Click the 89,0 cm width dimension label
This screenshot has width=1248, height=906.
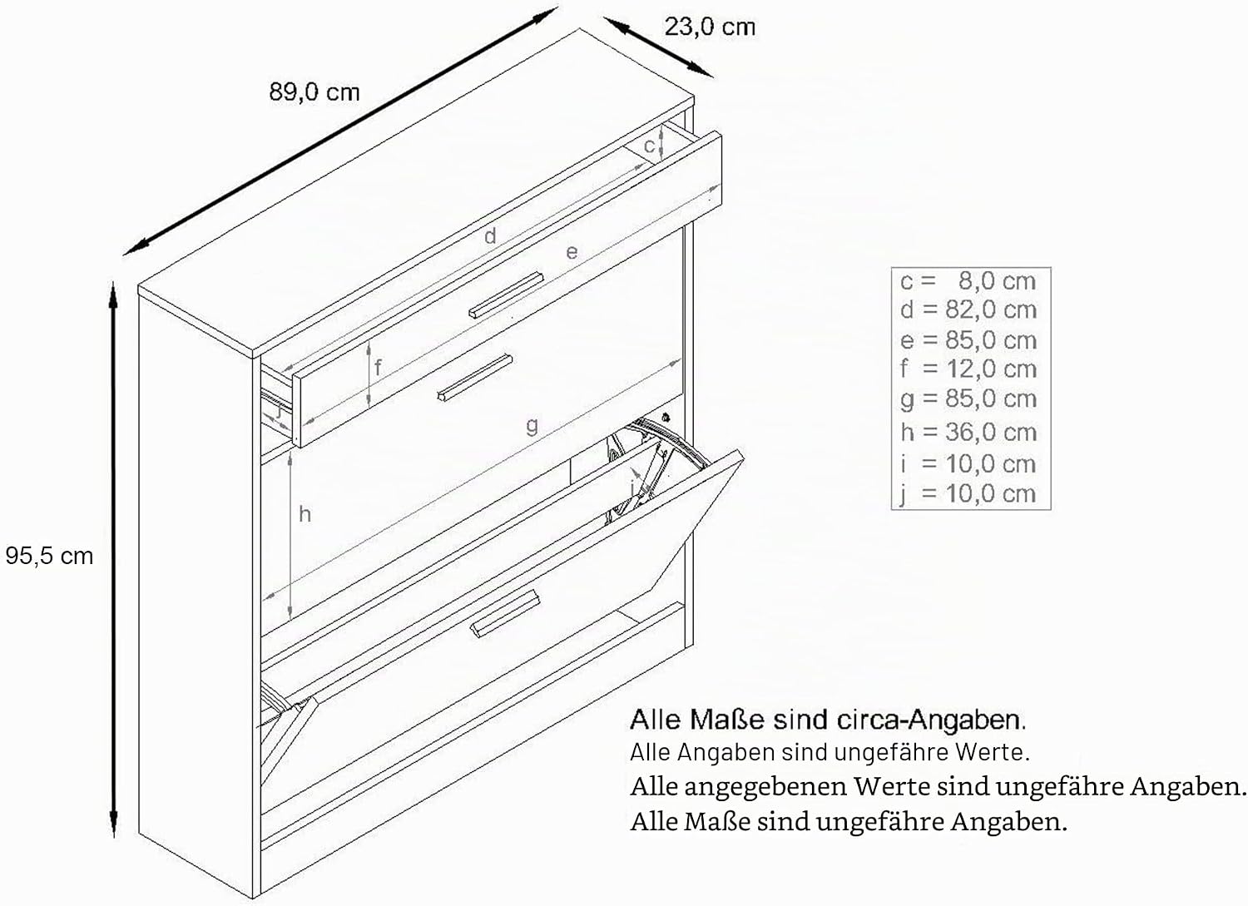coord(314,92)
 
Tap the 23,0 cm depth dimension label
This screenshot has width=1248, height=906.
coord(710,27)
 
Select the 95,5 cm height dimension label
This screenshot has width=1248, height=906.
coord(49,556)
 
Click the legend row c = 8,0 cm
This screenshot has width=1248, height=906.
coord(968,281)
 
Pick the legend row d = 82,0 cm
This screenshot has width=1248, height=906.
coord(968,309)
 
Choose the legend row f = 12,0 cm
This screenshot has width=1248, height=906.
coord(968,369)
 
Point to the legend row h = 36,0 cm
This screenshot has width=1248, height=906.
coord(968,433)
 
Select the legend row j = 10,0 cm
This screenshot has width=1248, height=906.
coord(968,494)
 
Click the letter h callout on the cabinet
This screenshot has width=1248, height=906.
coord(305,514)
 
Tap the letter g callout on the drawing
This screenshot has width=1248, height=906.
coord(532,426)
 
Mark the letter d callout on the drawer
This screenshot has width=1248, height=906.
coord(490,235)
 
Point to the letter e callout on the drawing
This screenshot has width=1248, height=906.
coord(572,252)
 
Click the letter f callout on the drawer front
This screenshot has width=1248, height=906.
coord(379,367)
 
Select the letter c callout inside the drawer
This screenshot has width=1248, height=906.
coord(648,146)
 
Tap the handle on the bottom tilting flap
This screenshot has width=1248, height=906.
coord(505,613)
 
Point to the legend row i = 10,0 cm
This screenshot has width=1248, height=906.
coord(968,463)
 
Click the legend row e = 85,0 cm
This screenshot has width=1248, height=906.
coord(968,340)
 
